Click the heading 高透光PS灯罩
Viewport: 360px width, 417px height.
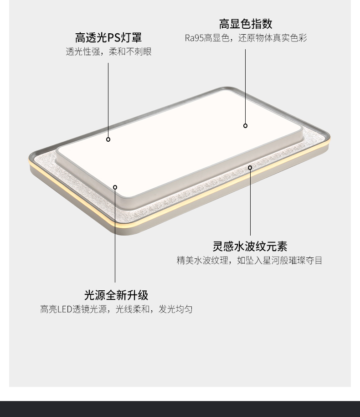point(108,37)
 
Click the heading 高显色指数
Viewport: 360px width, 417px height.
point(246,24)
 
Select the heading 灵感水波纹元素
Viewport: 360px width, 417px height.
point(250,247)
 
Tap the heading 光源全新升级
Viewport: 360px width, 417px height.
point(116,295)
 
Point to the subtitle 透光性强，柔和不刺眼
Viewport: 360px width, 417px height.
point(108,51)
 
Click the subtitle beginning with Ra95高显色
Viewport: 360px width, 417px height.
point(246,38)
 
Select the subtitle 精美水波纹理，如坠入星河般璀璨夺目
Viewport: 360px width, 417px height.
point(250,261)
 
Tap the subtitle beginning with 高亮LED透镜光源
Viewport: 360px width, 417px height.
point(116,309)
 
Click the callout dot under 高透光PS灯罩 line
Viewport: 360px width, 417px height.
point(108,139)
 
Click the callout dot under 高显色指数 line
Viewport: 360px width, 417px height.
point(245,126)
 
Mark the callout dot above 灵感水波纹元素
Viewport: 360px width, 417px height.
point(250,168)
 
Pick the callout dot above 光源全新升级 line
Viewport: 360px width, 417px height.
point(115,187)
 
